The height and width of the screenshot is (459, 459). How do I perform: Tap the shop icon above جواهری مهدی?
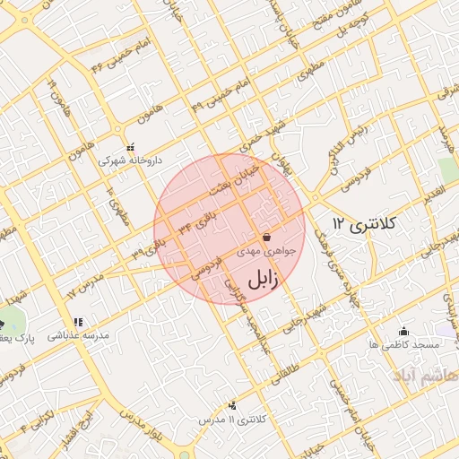tap(266, 238)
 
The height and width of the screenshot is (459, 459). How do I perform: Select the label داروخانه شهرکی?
tap(131, 160)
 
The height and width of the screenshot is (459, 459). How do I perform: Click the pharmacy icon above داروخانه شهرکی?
tap(131, 146)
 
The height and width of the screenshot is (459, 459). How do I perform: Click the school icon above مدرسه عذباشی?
tap(79, 321)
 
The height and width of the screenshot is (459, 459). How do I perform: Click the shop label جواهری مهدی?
tap(260, 254)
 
